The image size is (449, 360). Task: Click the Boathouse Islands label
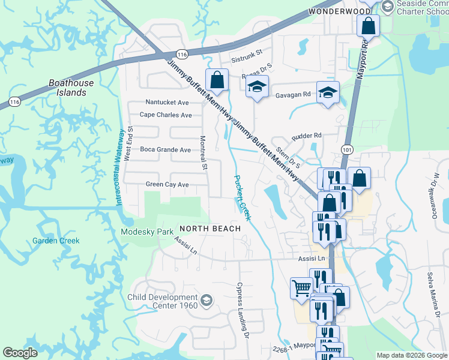click(x=71, y=88)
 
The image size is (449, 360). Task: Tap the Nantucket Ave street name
click(x=167, y=103)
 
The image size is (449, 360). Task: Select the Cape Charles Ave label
click(x=165, y=115)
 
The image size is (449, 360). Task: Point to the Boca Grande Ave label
click(x=165, y=149)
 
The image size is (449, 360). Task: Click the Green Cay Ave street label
click(x=167, y=184)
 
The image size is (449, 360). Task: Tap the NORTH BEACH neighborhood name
click(x=210, y=229)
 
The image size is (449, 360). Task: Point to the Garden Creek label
click(x=56, y=241)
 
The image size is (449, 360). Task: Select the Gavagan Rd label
click(x=293, y=94)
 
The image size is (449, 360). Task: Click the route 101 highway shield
click(x=347, y=148)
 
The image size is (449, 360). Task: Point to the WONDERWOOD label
click(x=340, y=11)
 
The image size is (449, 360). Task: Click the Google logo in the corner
click(x=20, y=353)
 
